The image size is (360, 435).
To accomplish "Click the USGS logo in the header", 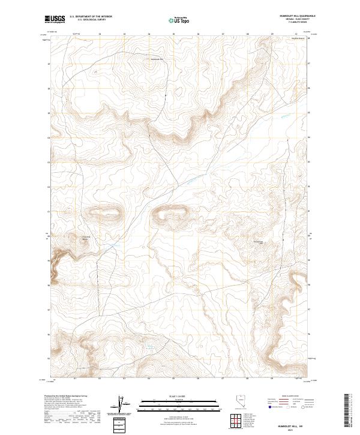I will pos(55,19).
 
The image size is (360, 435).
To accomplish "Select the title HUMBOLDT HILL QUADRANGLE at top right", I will pos(290,17).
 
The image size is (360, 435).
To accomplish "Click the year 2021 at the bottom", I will pos(290,430).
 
